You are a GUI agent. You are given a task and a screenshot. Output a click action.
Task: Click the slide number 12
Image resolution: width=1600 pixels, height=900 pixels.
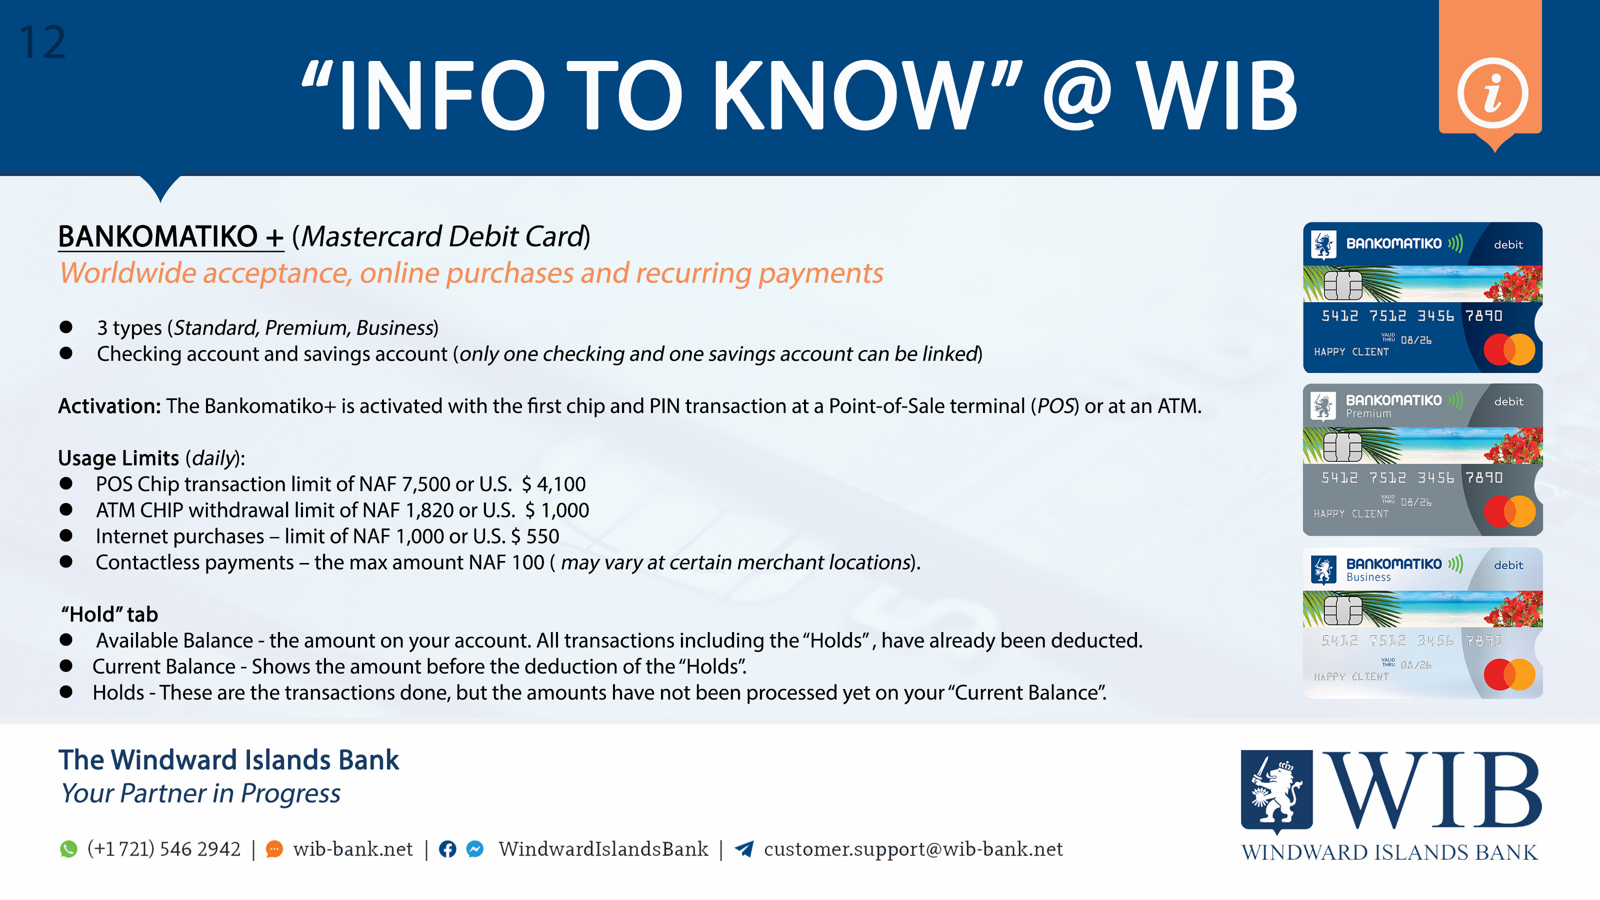coord(42,42)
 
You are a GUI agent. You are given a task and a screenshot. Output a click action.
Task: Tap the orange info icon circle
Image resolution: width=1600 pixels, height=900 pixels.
coord(1492,93)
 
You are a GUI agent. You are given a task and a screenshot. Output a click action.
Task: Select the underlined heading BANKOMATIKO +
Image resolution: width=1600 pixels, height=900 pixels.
coord(171,236)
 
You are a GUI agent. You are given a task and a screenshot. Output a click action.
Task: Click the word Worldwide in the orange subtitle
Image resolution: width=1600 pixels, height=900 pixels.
coord(128,273)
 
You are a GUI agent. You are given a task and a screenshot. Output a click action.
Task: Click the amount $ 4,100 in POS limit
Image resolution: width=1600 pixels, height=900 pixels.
coord(553,484)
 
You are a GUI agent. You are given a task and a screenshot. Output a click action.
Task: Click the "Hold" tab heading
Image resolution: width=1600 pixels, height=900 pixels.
coord(109,614)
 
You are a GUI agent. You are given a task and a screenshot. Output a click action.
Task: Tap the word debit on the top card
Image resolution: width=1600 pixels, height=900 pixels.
coord(1508,244)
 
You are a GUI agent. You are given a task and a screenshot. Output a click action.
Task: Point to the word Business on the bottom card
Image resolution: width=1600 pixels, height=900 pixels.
coord(1368,577)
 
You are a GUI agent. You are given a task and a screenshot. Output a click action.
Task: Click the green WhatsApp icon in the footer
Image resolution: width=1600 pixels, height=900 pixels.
coord(68,849)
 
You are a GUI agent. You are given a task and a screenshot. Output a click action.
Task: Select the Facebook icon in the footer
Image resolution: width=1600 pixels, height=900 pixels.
coord(447,849)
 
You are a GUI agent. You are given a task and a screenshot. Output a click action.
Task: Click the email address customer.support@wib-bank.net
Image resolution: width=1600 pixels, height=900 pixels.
coord(913,849)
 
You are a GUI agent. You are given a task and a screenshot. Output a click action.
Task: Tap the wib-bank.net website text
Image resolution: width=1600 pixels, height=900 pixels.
coord(353,849)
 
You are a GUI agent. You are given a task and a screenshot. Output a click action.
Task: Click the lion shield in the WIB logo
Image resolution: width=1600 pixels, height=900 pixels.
coord(1276,790)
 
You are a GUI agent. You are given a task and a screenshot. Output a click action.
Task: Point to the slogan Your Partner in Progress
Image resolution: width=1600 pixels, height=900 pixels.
coord(200,794)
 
